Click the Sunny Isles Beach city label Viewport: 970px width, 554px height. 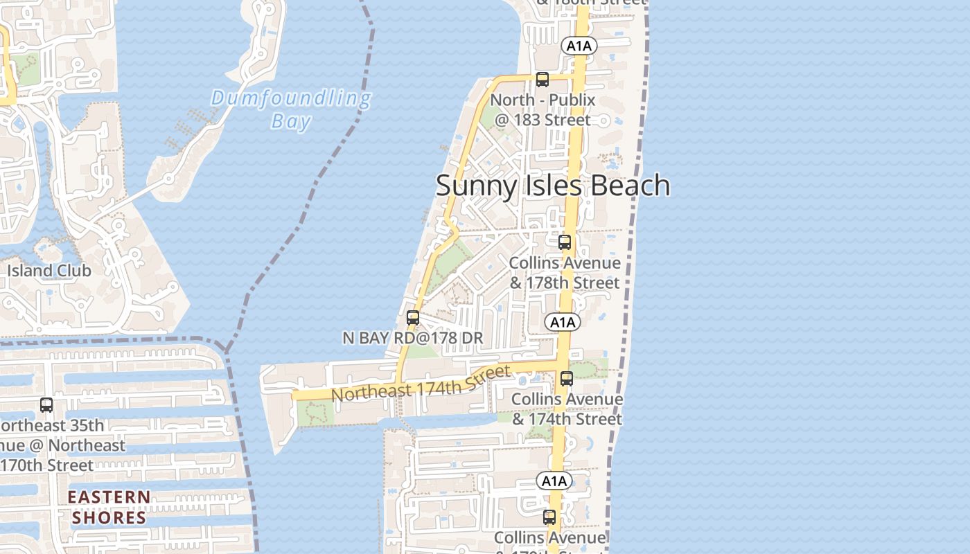(x=552, y=186)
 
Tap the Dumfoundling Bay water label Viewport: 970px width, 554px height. (x=291, y=109)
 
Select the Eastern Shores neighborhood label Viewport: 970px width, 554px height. (x=109, y=507)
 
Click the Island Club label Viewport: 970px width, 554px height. (x=49, y=271)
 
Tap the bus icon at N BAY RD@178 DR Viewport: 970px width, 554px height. (x=413, y=318)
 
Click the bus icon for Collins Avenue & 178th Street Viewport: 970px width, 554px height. (x=565, y=242)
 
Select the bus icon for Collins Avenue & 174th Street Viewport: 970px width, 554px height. (x=567, y=379)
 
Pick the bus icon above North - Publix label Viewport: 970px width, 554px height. (x=543, y=80)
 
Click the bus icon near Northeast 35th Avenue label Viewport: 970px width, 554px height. (x=46, y=405)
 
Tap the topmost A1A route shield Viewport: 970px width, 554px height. (x=579, y=46)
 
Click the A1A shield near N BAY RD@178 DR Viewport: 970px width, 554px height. (x=562, y=322)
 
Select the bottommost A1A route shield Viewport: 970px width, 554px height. (x=554, y=481)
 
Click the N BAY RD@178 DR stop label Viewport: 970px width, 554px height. (x=413, y=338)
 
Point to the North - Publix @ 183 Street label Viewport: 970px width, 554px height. (x=543, y=109)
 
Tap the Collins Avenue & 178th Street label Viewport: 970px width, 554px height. (x=565, y=273)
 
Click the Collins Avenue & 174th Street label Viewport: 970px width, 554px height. (x=567, y=409)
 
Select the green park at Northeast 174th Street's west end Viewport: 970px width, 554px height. (x=315, y=413)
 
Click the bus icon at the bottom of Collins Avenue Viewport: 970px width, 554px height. (x=549, y=517)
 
